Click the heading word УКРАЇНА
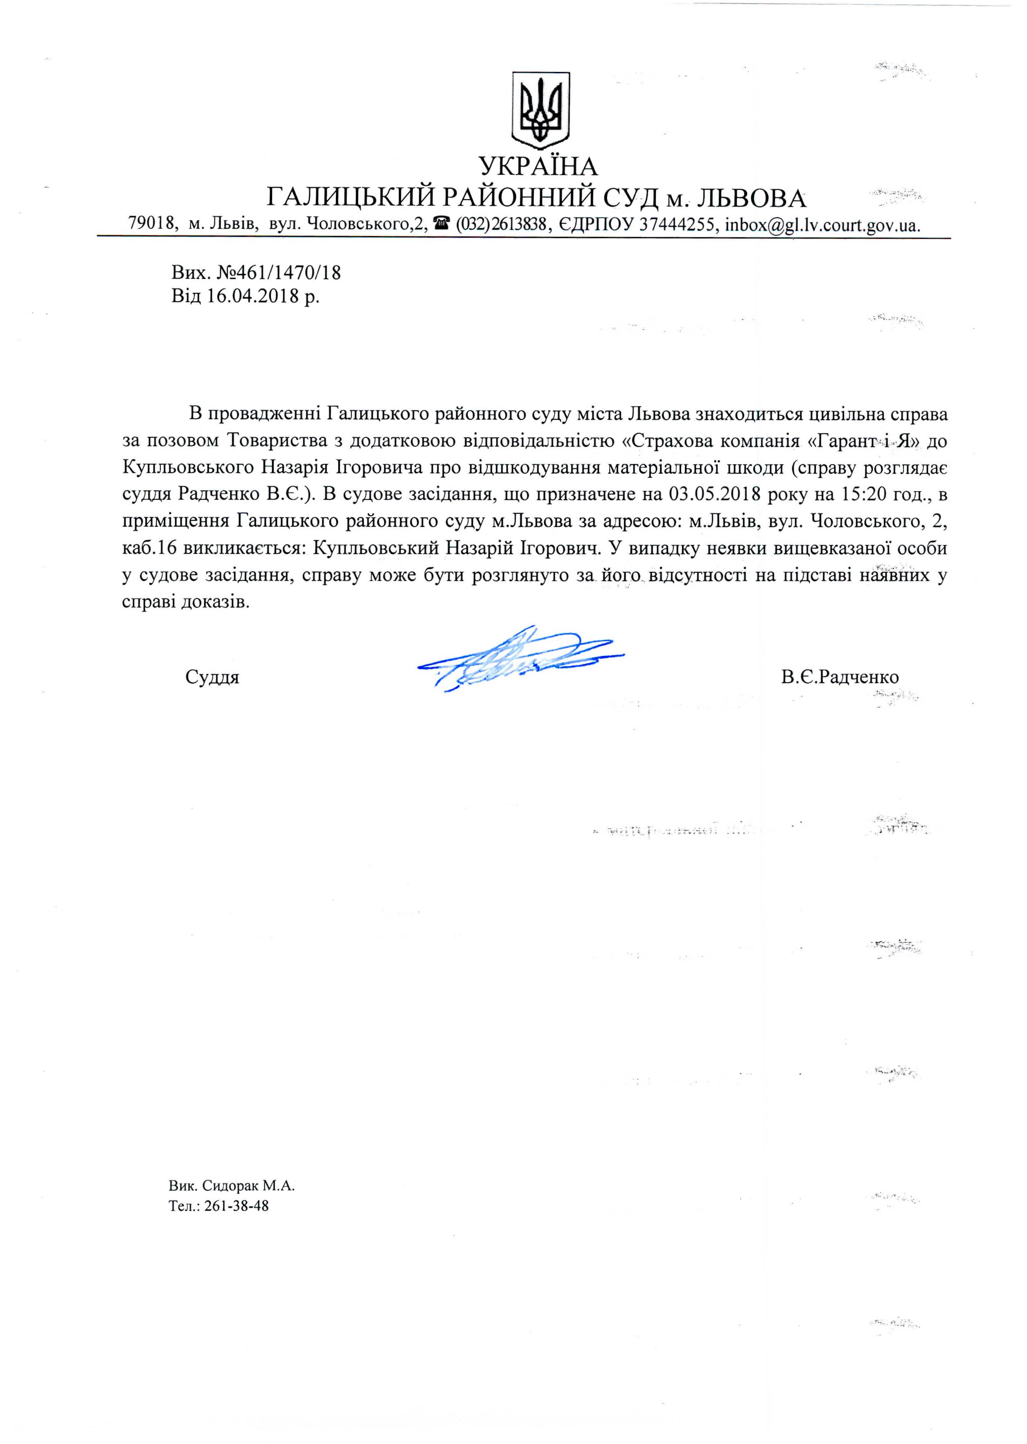(x=538, y=166)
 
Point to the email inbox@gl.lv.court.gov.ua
(x=822, y=225)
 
